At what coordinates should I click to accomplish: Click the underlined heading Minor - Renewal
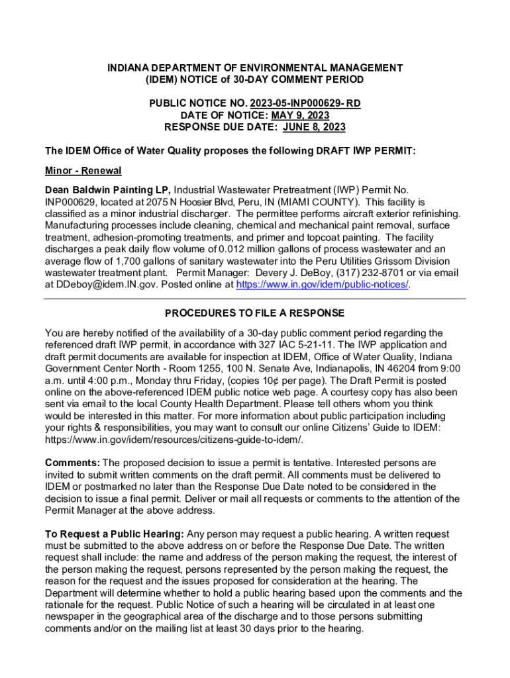pos(83,171)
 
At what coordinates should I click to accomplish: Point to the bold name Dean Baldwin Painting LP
pos(108,190)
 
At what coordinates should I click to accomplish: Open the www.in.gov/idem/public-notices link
pos(323,285)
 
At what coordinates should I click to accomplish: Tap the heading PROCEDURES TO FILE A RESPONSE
pos(255,313)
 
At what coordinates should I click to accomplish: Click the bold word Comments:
pos(72,462)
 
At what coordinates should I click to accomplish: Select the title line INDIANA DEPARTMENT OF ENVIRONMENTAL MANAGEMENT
pos(255,68)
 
